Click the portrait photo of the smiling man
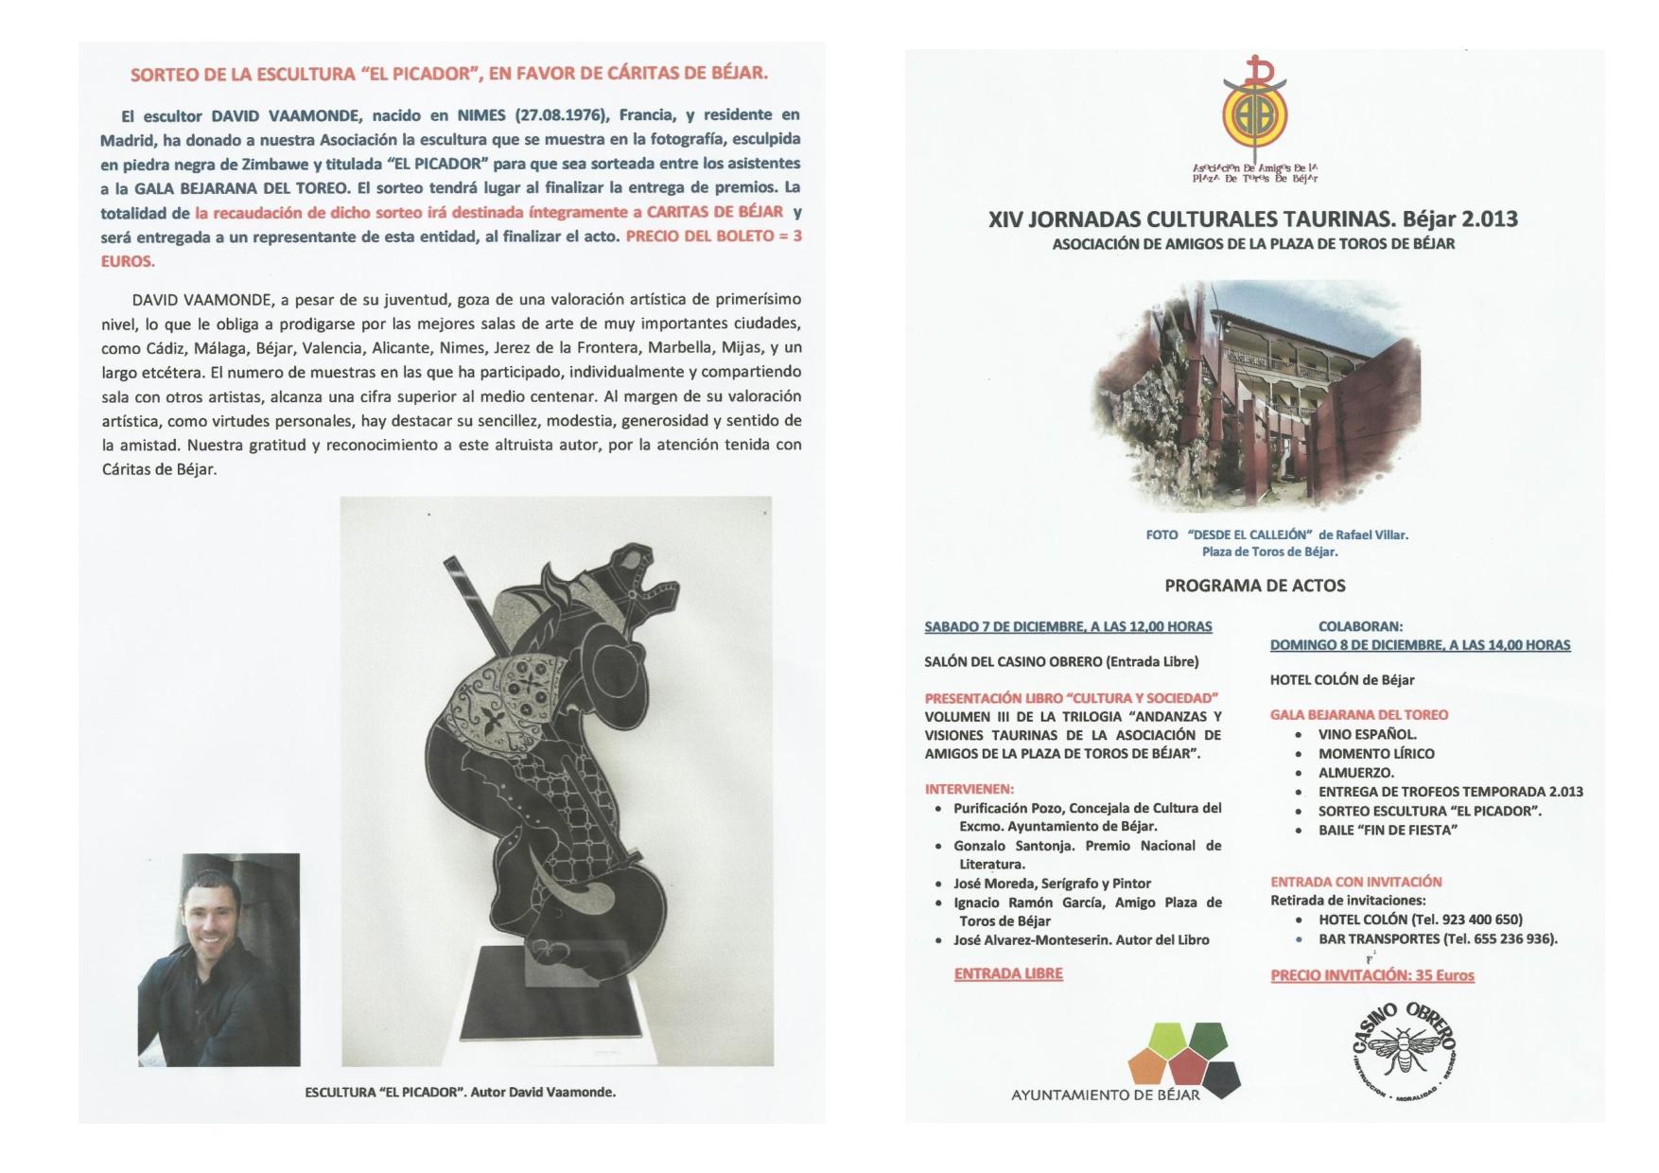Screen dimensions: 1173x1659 [x=218, y=960]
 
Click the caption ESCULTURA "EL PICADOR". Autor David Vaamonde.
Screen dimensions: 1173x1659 [x=460, y=1092]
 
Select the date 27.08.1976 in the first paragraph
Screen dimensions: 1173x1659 [x=562, y=115]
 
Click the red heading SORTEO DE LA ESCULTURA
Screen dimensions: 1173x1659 [x=448, y=74]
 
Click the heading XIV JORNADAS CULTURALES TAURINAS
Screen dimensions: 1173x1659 [x=1252, y=219]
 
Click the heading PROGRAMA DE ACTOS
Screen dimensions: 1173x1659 [x=1254, y=586]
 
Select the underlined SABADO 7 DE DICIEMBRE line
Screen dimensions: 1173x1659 [x=1068, y=626]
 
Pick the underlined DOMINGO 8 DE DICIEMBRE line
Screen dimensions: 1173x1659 [x=1420, y=645]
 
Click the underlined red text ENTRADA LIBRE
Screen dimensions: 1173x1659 [x=1008, y=973]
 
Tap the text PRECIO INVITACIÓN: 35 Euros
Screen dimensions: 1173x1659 [x=1372, y=975]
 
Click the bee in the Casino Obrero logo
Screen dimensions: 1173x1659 [x=1405, y=1049]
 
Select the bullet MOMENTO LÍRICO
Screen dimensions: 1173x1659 [x=1376, y=754]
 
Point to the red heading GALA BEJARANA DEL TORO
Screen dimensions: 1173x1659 [x=1359, y=715]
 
